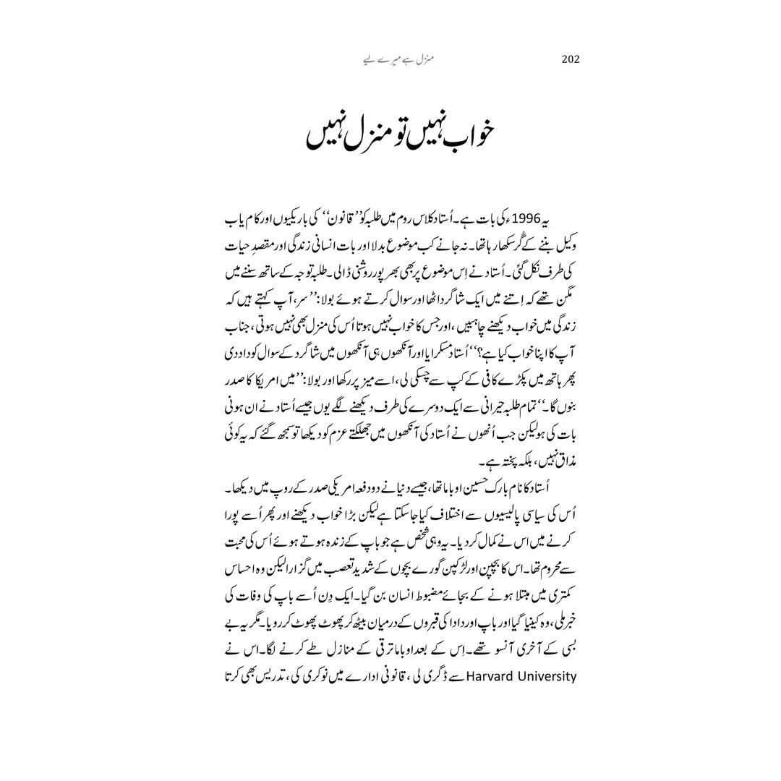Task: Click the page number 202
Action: coord(571,59)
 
